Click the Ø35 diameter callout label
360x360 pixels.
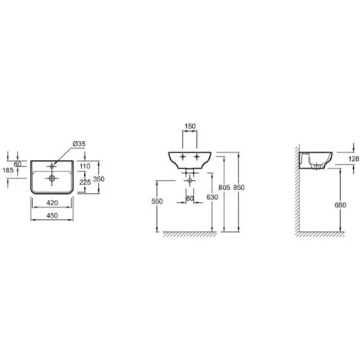(x=79, y=144)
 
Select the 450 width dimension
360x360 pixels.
(x=52, y=215)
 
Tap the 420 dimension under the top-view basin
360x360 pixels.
(x=52, y=203)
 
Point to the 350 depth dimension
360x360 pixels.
(x=99, y=179)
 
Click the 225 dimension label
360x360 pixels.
(x=85, y=182)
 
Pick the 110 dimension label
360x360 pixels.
(x=85, y=166)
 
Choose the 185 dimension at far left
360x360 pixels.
(x=8, y=170)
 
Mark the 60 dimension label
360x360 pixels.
(x=18, y=164)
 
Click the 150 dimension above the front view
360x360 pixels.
(x=190, y=126)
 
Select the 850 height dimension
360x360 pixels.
(x=239, y=188)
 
